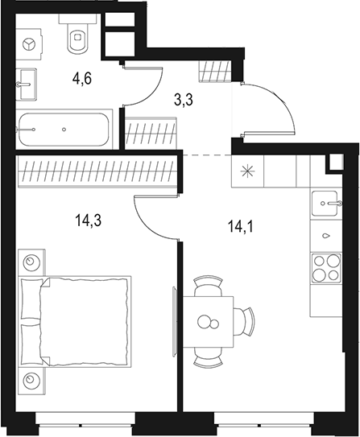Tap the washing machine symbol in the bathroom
(29, 43)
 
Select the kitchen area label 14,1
(239, 226)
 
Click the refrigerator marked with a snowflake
(248, 171)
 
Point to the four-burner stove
(325, 266)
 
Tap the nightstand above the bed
(31, 262)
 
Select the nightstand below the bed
(31, 378)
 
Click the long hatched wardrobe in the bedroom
(96, 171)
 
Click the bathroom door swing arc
(143, 90)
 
